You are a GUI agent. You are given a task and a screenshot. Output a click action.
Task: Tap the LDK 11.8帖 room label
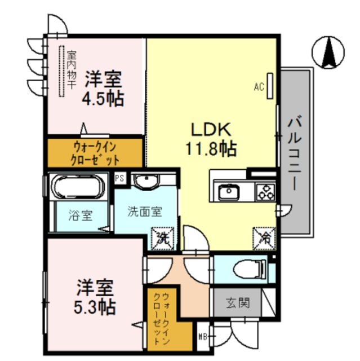click(211, 139)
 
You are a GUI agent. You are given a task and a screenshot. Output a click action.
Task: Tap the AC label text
click(259, 87)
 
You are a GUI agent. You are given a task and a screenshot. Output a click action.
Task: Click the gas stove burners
click(265, 192)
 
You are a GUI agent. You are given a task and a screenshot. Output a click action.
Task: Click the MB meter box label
click(202, 338)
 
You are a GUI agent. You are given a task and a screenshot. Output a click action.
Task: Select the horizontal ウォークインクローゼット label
click(95, 152)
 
